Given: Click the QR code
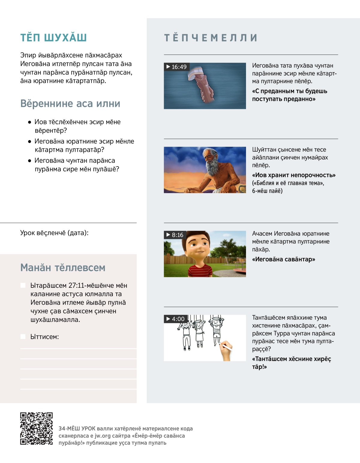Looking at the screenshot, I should click(x=36, y=428).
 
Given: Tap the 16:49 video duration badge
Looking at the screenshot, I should click(x=177, y=67).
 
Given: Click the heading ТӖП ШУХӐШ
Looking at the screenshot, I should click(x=53, y=38).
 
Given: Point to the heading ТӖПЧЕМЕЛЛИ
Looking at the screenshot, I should click(x=211, y=38).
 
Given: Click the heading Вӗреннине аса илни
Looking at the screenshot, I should click(x=70, y=104).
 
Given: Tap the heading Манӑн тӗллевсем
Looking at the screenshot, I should click(x=63, y=267).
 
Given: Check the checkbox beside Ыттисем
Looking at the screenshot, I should click(x=23, y=337).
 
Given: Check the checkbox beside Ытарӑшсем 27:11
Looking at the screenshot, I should click(x=23, y=285).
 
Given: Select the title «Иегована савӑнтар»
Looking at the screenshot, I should click(x=283, y=259).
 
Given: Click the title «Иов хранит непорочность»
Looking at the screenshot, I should click(x=294, y=175).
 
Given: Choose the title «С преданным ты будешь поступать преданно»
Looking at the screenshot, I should click(x=289, y=95).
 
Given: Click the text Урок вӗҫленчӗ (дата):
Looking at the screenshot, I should click(x=54, y=233).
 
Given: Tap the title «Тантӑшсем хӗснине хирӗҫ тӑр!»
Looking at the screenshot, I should click(x=291, y=362).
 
